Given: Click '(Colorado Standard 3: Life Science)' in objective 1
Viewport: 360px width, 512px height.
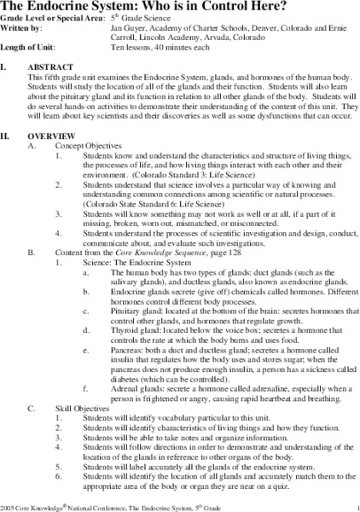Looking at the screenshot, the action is coord(198,177).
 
